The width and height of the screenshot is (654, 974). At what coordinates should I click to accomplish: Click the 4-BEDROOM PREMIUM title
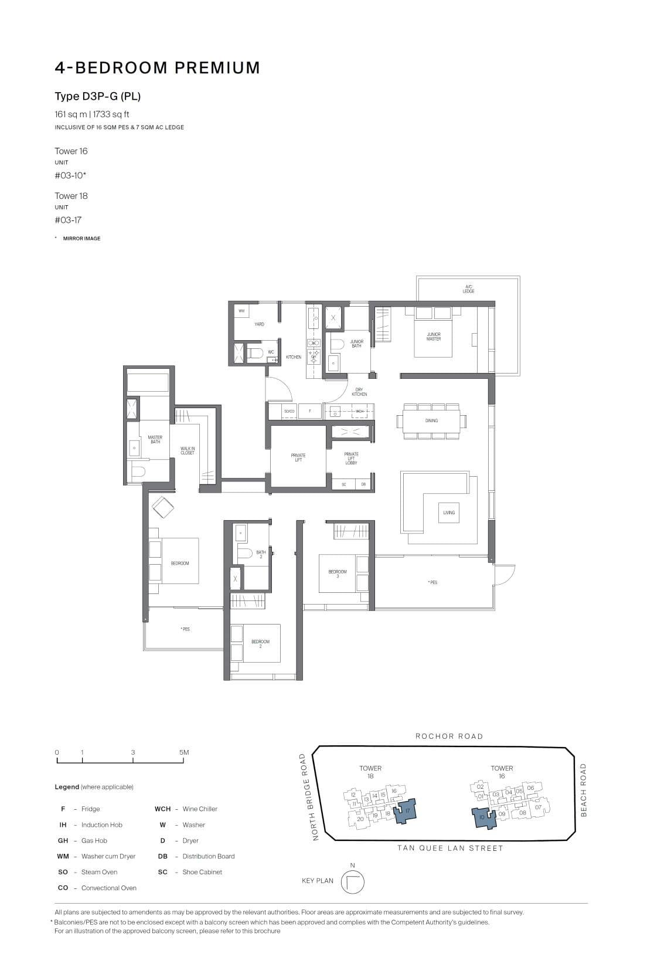click(157, 68)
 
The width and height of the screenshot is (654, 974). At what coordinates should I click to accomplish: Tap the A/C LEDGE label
click(468, 289)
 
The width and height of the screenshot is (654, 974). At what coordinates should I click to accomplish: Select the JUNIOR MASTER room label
click(433, 337)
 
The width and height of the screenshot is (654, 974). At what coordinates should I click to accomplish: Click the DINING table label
click(431, 420)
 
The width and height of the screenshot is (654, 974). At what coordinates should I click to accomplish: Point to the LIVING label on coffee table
click(448, 513)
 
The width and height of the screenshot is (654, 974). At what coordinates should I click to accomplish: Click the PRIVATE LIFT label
click(298, 457)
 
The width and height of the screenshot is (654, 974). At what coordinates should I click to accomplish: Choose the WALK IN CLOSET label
click(188, 450)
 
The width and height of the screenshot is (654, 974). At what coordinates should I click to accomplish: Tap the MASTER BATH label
click(155, 439)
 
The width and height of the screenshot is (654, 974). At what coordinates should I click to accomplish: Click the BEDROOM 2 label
click(260, 643)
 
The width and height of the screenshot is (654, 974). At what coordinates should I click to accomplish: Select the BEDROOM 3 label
click(337, 573)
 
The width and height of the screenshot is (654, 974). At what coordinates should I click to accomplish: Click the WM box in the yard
click(241, 311)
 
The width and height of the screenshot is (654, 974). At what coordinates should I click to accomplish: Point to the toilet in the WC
click(256, 354)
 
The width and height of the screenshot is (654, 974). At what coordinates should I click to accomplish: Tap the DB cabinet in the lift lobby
click(363, 484)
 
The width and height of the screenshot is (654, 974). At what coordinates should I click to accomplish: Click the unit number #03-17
click(68, 220)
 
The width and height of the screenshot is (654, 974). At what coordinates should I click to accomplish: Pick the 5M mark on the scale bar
click(184, 752)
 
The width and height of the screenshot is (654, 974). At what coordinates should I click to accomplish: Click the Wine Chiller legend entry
click(199, 809)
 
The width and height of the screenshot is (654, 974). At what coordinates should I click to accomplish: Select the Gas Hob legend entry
click(94, 840)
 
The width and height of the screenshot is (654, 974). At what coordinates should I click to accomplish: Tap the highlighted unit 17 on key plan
click(407, 810)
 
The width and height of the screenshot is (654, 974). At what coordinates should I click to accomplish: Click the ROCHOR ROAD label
click(449, 736)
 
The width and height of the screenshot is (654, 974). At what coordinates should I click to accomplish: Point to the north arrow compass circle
click(352, 881)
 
